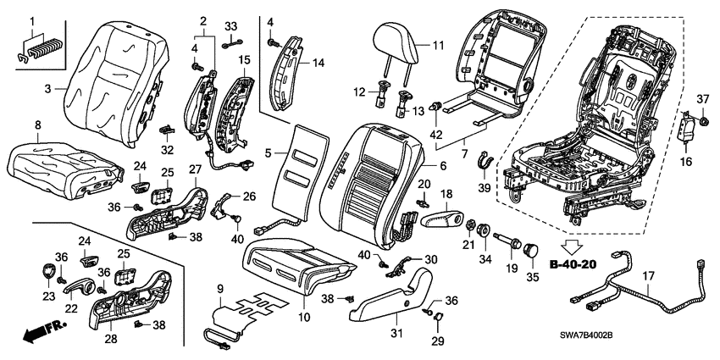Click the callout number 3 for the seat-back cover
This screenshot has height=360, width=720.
(47, 87)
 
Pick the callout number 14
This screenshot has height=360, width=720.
(318, 62)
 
